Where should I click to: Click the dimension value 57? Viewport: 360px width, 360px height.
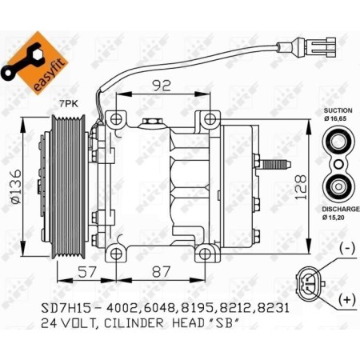click(x=89, y=272)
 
